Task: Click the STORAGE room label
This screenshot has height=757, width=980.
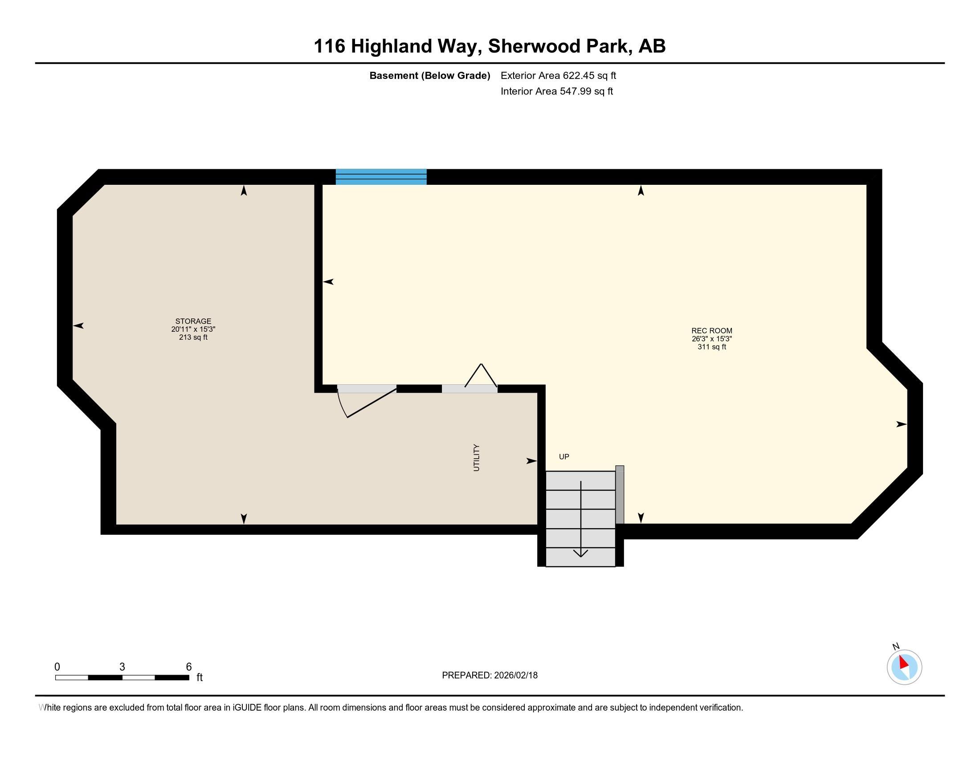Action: (x=193, y=321)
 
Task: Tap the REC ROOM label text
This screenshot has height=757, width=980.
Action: (x=712, y=331)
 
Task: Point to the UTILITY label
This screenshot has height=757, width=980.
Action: (x=477, y=458)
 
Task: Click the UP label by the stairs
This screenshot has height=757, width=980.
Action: (x=564, y=456)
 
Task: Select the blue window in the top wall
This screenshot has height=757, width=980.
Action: (x=381, y=177)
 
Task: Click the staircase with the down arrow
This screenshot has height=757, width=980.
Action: (x=580, y=519)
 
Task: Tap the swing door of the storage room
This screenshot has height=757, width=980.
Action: (x=367, y=401)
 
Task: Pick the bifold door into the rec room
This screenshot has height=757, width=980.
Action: (x=481, y=376)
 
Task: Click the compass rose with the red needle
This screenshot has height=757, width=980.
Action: (x=904, y=667)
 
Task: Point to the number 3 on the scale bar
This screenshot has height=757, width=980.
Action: (x=122, y=667)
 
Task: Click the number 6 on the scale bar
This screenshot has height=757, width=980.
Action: (x=189, y=667)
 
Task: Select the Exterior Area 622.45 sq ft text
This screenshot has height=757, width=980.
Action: (x=558, y=76)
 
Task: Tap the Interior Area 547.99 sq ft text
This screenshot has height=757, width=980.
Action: (x=557, y=91)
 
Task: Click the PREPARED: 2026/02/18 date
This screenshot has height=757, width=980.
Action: (x=490, y=676)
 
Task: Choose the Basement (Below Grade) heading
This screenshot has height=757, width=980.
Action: (x=429, y=76)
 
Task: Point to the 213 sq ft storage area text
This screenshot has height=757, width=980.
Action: (x=193, y=337)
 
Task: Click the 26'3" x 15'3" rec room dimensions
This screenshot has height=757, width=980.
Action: (x=712, y=339)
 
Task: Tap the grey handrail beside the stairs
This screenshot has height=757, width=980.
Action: (x=620, y=495)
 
